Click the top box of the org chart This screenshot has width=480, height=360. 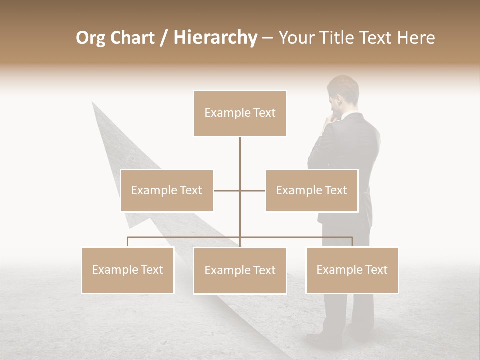coord(240,113)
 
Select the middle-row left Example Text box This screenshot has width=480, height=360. coord(167,190)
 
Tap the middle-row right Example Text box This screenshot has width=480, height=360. coord(312,190)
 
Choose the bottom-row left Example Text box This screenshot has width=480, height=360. coord(128,270)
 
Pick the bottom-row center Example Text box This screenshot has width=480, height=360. coord(240,270)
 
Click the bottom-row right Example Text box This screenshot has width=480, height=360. coord(352,270)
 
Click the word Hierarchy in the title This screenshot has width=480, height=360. coord(215,38)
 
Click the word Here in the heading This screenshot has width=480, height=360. coord(416,38)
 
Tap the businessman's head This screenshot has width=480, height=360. coord(343,95)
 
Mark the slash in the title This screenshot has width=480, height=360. coord(163,38)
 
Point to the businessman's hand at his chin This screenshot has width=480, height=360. coord(330,119)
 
